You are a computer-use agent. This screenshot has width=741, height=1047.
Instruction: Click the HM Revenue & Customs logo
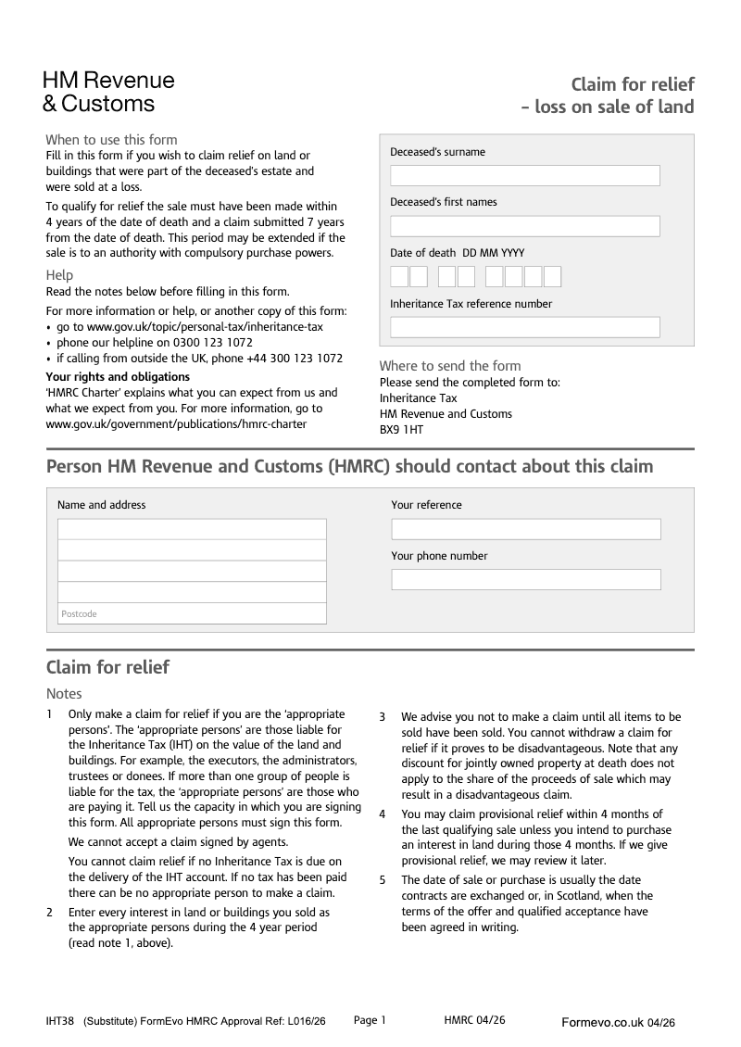(x=107, y=92)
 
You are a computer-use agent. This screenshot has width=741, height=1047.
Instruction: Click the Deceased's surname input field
(x=524, y=176)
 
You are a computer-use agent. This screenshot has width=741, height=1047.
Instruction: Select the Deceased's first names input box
(x=524, y=226)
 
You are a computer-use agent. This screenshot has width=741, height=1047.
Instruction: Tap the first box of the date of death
(x=399, y=277)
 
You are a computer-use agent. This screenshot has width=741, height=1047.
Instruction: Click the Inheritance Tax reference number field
(x=524, y=327)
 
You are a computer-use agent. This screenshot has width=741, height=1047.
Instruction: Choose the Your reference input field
(x=525, y=529)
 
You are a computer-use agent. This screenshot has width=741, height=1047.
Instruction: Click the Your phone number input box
(x=525, y=580)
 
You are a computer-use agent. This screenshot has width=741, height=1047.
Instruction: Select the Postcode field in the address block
(x=192, y=613)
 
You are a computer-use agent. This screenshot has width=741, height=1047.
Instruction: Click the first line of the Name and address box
(x=192, y=529)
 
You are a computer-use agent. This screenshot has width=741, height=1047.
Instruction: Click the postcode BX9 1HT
(x=401, y=430)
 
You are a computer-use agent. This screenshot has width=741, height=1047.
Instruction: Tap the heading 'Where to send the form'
(x=450, y=366)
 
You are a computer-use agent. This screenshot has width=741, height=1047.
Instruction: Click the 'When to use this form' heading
(x=111, y=140)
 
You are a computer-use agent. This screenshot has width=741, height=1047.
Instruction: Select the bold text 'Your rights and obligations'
(x=118, y=377)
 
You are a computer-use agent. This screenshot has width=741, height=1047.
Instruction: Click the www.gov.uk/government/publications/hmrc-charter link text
(x=176, y=423)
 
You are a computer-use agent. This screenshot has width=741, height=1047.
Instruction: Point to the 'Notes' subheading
(x=64, y=694)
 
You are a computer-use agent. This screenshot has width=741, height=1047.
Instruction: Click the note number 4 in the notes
(x=383, y=814)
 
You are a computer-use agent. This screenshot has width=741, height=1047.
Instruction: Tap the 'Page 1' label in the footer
(x=370, y=1020)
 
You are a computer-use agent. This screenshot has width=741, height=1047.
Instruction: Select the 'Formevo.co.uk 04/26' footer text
(x=618, y=1023)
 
